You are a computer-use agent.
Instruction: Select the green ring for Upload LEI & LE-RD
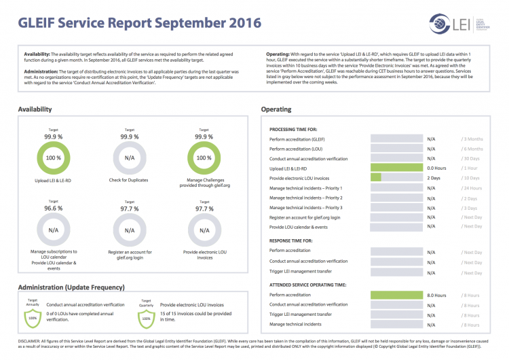pyautogui.click(x=50, y=157)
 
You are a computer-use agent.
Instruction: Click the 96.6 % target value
pyautogui.click(x=49, y=209)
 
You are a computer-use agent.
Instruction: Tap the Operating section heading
pyautogui.click(x=276, y=109)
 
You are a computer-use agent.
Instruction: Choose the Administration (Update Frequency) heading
pyautogui.click(x=71, y=287)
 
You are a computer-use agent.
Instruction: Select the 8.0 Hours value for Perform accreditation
pyautogui.click(x=436, y=295)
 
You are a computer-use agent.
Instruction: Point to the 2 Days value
pyautogui.click(x=434, y=178)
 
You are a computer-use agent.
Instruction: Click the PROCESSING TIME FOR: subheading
pyautogui.click(x=298, y=128)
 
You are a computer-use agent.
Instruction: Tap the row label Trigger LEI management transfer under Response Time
pyautogui.click(x=301, y=271)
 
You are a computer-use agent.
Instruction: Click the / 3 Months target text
pyautogui.click(x=472, y=139)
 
